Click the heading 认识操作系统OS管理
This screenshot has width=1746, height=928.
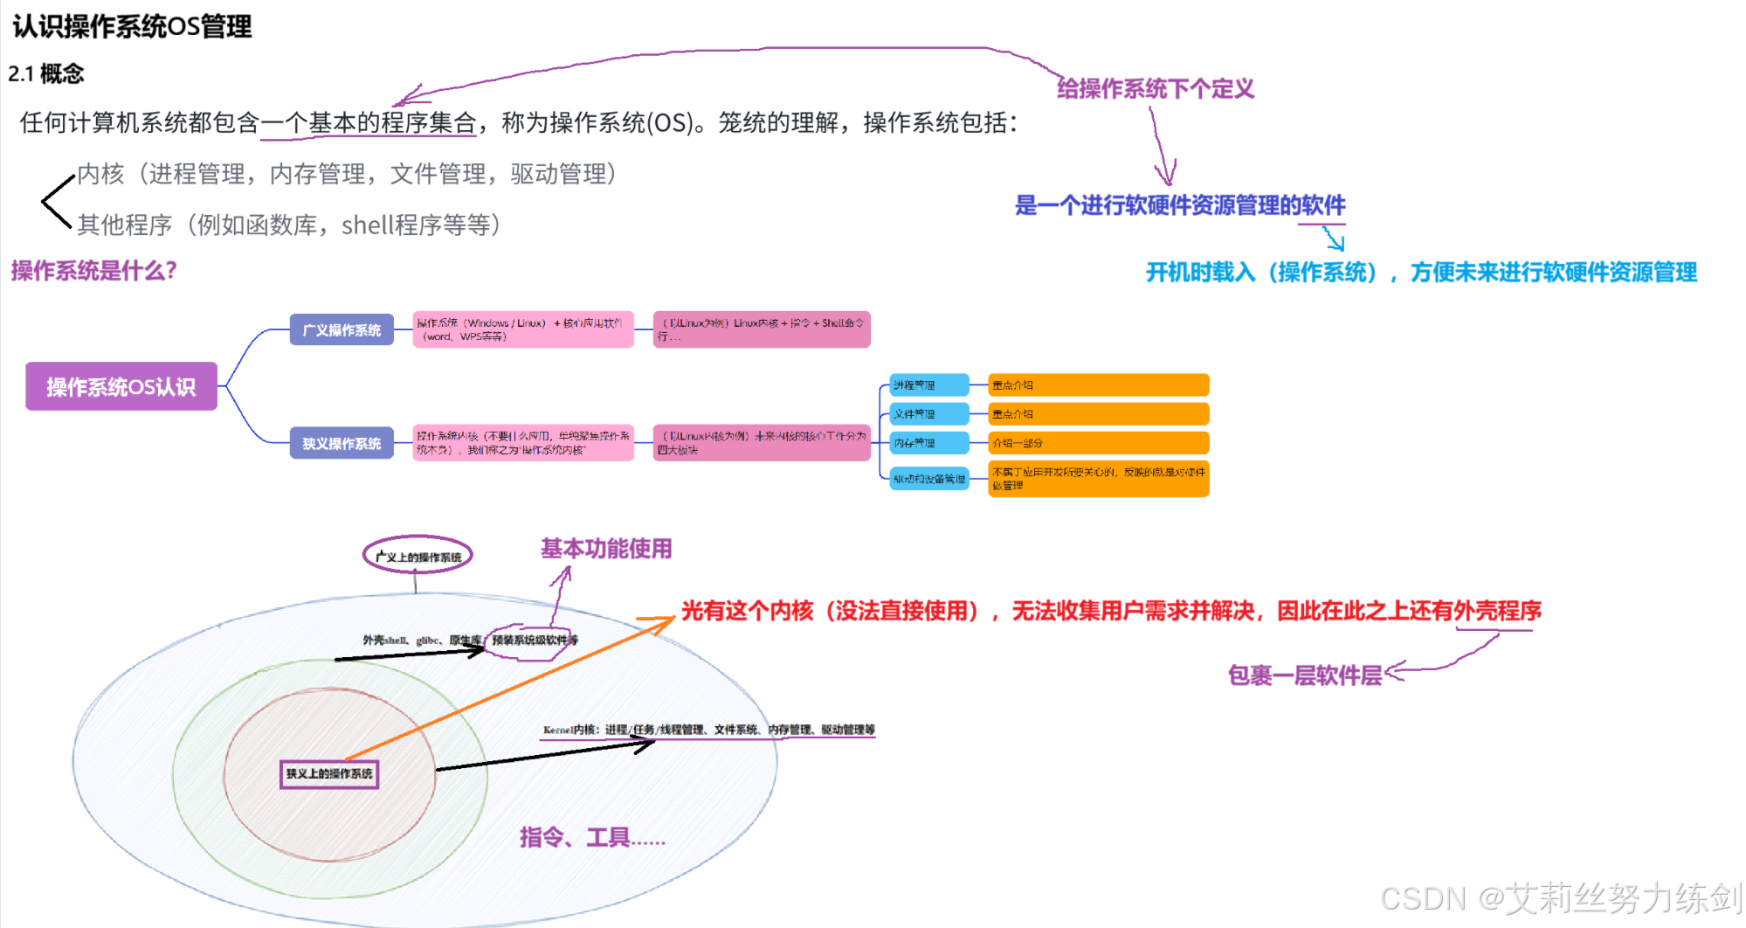tap(132, 26)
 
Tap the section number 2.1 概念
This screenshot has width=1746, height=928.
tap(46, 73)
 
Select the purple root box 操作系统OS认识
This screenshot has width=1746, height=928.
tap(121, 386)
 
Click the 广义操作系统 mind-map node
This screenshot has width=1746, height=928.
tap(342, 329)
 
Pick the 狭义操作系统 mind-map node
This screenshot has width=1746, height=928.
tap(342, 443)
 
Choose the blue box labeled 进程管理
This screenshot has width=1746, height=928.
tap(928, 384)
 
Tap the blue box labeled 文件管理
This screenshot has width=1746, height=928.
tap(928, 413)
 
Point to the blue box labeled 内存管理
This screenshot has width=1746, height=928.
tap(928, 443)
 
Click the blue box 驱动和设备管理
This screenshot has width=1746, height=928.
tap(929, 479)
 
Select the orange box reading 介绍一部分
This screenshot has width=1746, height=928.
tap(1098, 443)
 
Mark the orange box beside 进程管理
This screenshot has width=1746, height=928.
tap(1098, 384)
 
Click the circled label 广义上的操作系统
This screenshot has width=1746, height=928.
tap(418, 556)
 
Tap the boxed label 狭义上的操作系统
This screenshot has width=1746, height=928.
tap(329, 773)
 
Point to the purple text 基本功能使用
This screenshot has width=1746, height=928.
tap(606, 549)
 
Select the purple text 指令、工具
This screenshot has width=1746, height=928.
tap(591, 837)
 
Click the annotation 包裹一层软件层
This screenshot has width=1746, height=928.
tap(1304, 675)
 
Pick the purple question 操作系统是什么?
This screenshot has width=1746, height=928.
tap(93, 271)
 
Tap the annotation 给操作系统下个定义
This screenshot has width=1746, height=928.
tap(1155, 88)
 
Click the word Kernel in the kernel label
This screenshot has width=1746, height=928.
tap(557, 730)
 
